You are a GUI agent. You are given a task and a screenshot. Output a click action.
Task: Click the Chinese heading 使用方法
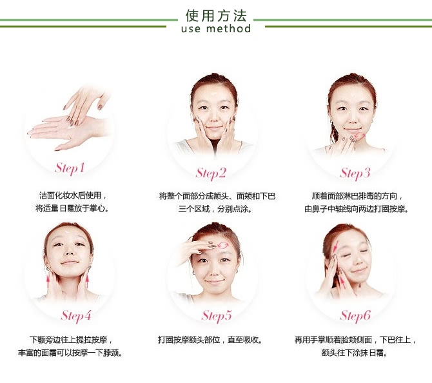tap(216, 15)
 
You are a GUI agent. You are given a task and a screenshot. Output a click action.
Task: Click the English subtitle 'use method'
tap(216, 28)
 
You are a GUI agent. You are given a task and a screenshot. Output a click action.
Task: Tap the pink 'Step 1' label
tap(70, 168)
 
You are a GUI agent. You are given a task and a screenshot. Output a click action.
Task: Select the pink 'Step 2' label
tap(211, 173)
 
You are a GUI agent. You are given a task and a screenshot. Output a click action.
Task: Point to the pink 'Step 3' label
tap(355, 173)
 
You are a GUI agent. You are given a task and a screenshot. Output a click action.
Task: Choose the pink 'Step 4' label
tap(76, 316)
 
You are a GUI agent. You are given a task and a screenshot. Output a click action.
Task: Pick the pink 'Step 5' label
tap(217, 316)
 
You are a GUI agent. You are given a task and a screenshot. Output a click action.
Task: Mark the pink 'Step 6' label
tap(355, 316)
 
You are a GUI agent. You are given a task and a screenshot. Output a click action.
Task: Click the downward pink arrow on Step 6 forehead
tap(335, 246)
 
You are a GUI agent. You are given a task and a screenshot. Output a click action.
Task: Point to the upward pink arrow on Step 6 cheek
tap(342, 282)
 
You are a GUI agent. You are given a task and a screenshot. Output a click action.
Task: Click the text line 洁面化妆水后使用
tap(70, 195)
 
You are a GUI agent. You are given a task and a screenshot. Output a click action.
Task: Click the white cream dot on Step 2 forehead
tap(214, 94)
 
